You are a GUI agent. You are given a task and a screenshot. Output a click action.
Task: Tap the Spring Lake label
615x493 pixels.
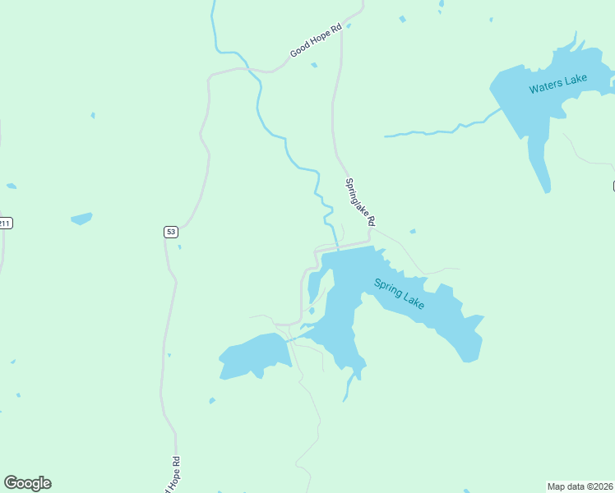tap(400, 294)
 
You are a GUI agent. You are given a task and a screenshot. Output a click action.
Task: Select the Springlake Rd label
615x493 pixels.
tap(360, 202)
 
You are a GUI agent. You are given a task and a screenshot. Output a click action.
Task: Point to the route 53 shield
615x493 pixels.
tap(170, 232)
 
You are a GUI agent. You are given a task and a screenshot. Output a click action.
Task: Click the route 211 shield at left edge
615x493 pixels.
tap(5, 223)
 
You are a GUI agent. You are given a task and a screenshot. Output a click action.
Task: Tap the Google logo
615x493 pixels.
tap(28, 483)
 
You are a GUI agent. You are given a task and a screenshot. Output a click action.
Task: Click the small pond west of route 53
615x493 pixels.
tap(81, 219)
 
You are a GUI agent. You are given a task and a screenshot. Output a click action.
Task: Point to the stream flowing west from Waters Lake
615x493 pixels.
tap(436, 130)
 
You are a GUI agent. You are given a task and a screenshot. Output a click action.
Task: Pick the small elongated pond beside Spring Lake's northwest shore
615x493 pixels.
tap(314, 287)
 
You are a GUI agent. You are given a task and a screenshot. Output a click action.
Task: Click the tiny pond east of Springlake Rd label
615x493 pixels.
tap(412, 232)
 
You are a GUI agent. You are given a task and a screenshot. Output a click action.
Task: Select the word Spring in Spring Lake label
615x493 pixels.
tap(389, 288)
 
